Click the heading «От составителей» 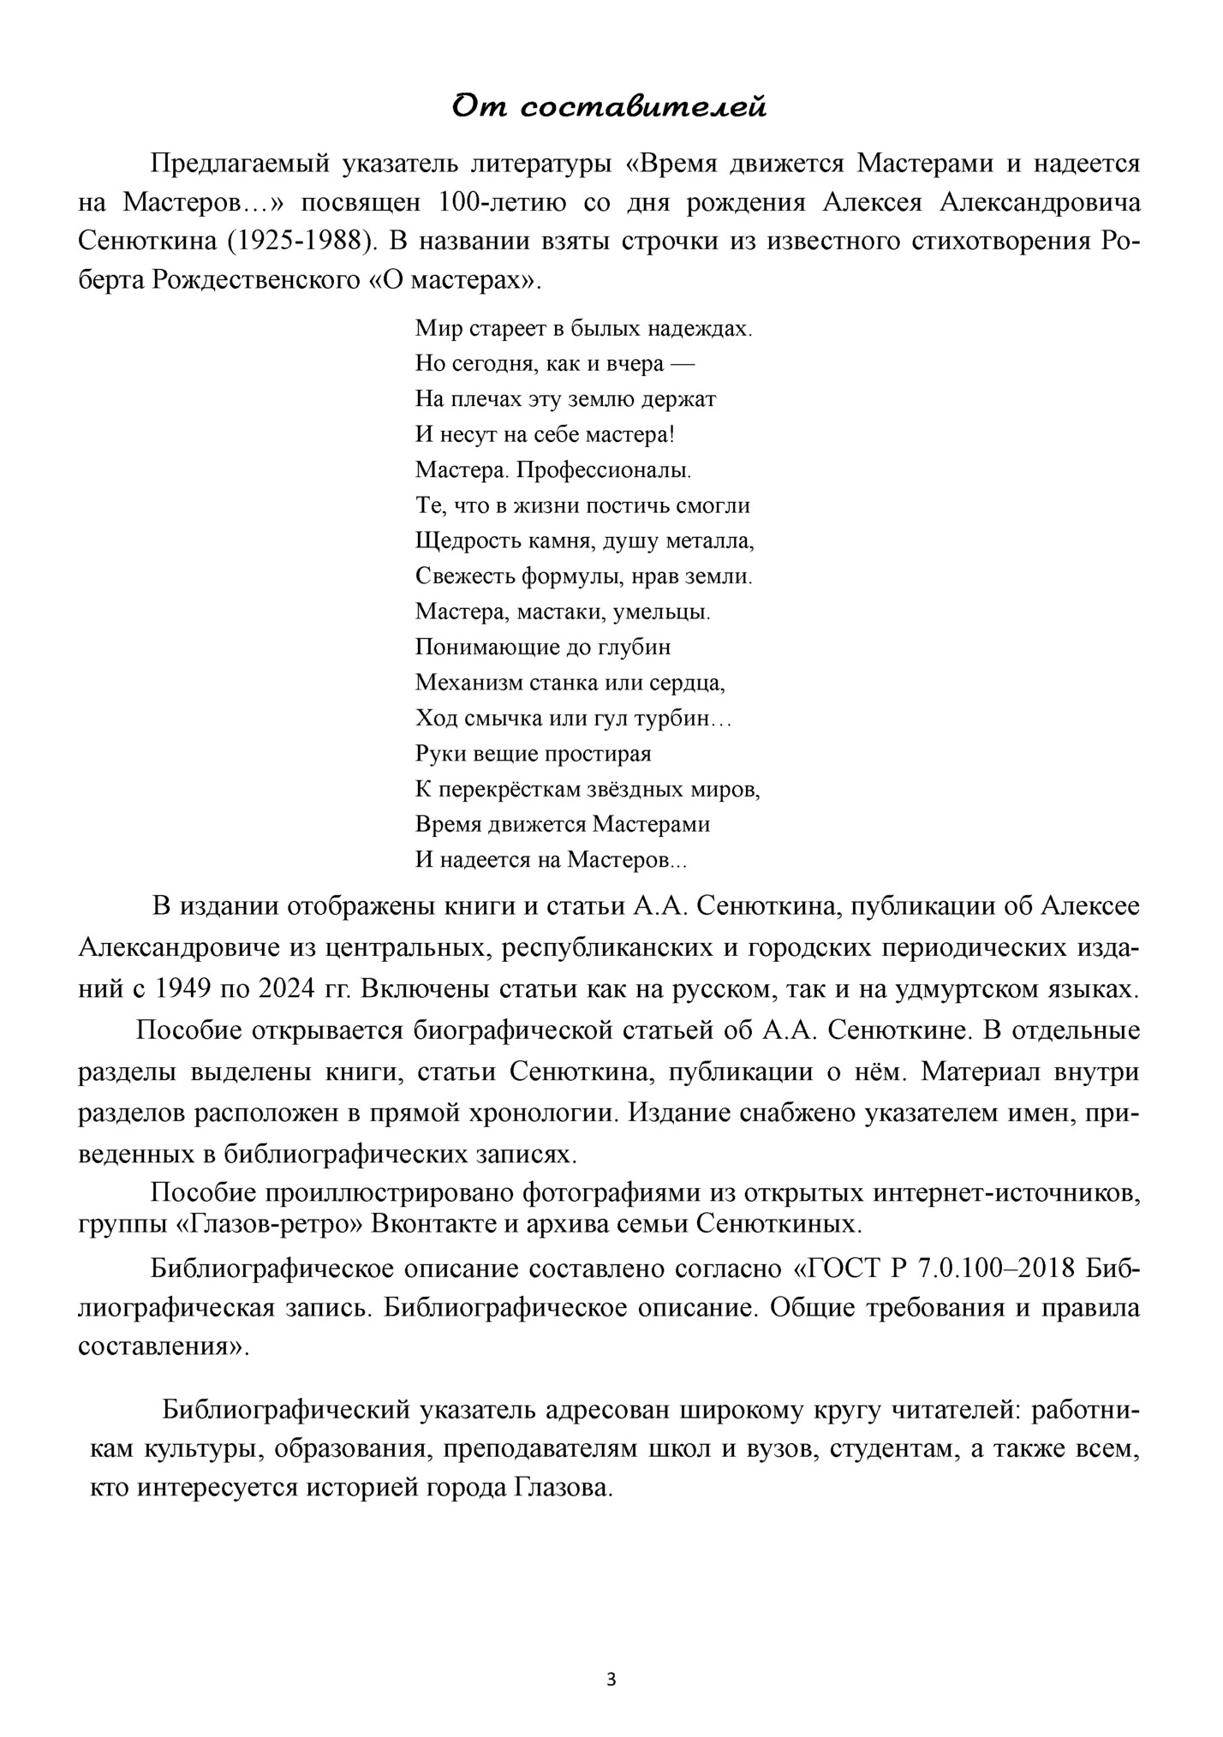[x=609, y=107]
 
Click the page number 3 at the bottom [x=611, y=1680]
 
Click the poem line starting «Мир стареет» [x=583, y=328]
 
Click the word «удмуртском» [x=970, y=989]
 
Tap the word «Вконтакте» [x=433, y=1224]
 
